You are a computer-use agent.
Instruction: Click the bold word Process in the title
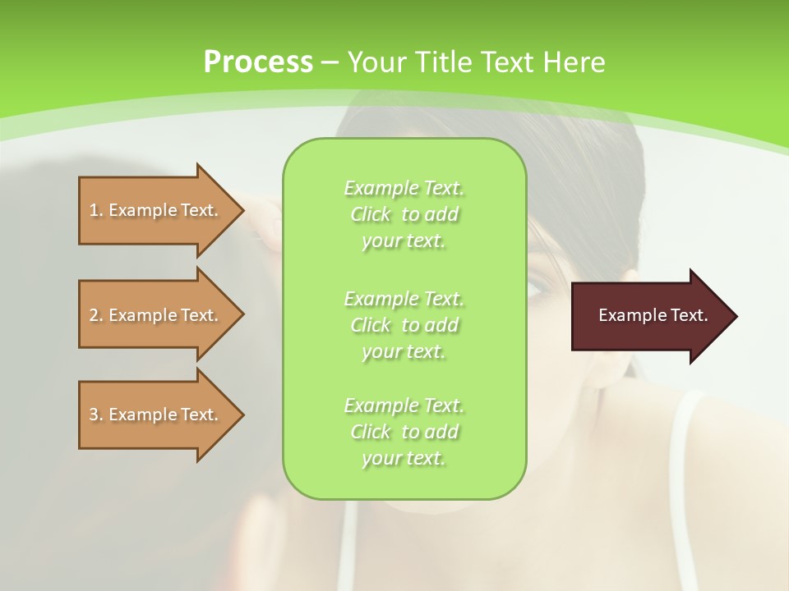coord(258,62)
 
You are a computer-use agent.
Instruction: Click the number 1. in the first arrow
coord(96,210)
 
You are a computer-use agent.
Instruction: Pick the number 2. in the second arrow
coord(96,315)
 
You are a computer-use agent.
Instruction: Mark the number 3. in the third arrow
coord(96,415)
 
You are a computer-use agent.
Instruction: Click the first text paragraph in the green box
coord(404,214)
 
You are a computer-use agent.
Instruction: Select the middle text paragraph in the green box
coord(404,325)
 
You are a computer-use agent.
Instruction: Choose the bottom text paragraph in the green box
coord(404,432)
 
